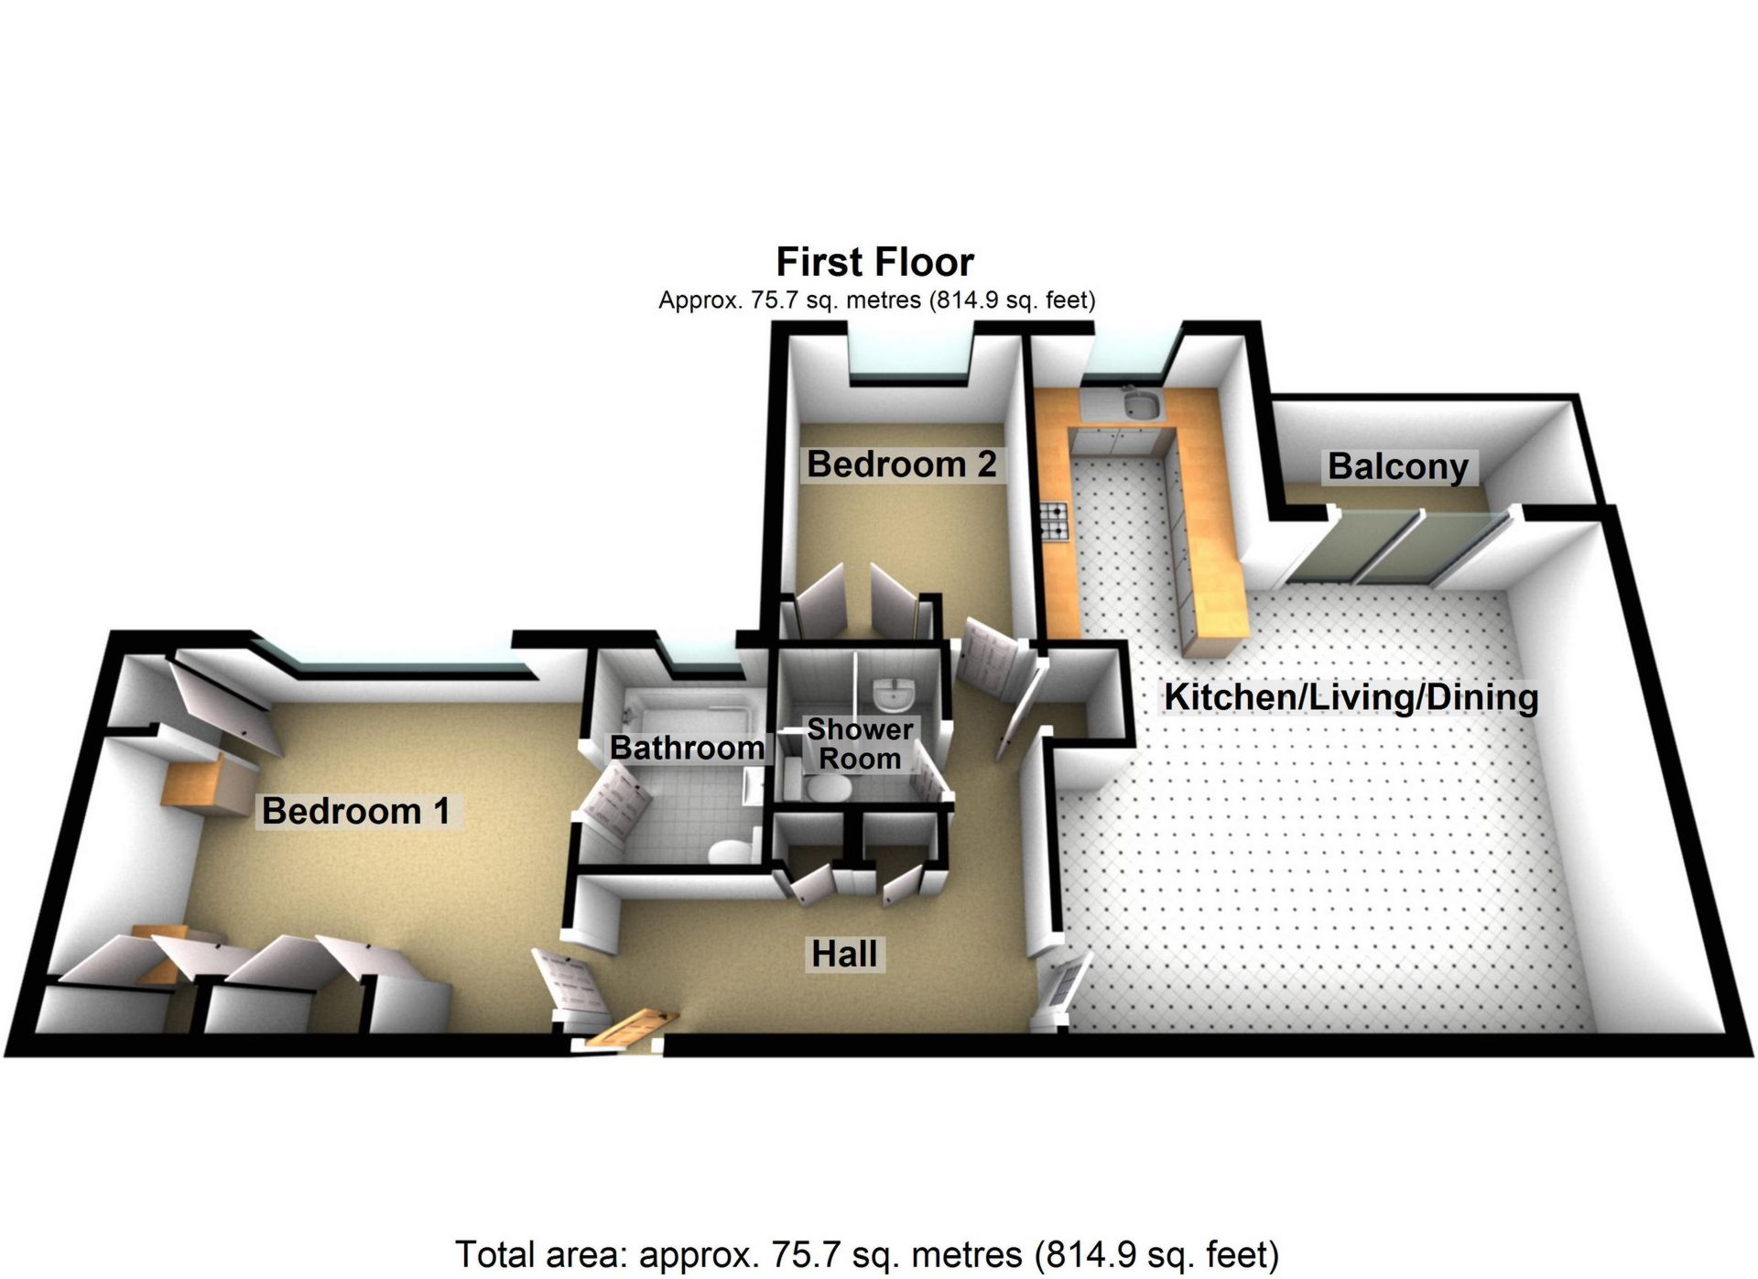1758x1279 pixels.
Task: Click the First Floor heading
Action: (874, 262)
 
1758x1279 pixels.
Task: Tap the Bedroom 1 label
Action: (356, 811)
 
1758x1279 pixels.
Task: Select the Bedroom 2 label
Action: (901, 465)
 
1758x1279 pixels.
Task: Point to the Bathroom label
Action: (688, 748)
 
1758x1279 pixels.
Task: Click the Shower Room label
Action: (860, 744)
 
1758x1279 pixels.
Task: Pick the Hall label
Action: (844, 954)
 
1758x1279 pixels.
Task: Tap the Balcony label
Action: (1398, 466)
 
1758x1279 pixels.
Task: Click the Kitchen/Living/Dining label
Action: (1351, 697)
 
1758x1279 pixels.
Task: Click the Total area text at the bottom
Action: (867, 1254)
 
